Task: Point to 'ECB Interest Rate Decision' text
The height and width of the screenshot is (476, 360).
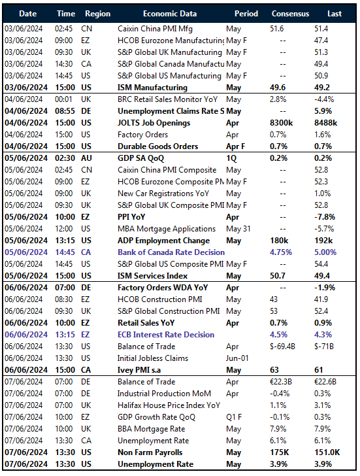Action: [165, 335]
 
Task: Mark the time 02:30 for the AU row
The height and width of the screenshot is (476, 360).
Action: [64, 158]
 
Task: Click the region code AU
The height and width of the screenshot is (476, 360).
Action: [87, 158]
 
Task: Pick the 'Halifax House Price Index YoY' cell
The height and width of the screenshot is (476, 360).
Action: [168, 405]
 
